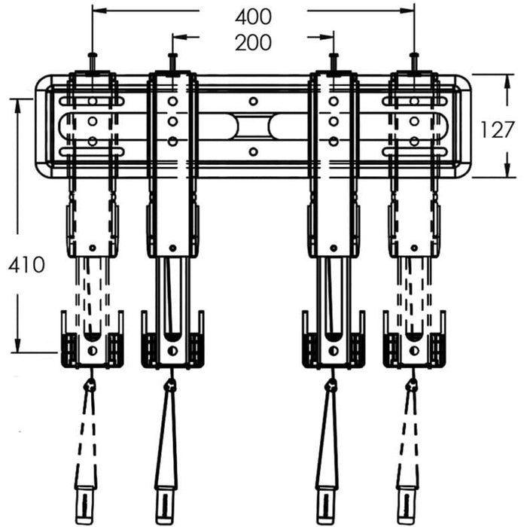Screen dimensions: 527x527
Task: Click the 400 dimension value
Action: coord(253,17)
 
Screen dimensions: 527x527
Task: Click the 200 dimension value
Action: coord(253,43)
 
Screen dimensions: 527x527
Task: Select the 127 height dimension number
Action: coord(497,129)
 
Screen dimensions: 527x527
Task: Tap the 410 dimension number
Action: coord(26,265)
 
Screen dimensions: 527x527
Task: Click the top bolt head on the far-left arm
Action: coord(93,55)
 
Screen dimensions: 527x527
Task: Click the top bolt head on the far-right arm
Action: coord(414,55)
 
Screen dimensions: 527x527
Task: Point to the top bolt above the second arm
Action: coord(172,55)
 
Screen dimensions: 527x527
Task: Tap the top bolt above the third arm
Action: coord(334,55)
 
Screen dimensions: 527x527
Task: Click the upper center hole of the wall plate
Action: coord(253,101)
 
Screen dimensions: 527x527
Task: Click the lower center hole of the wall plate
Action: coord(253,151)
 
